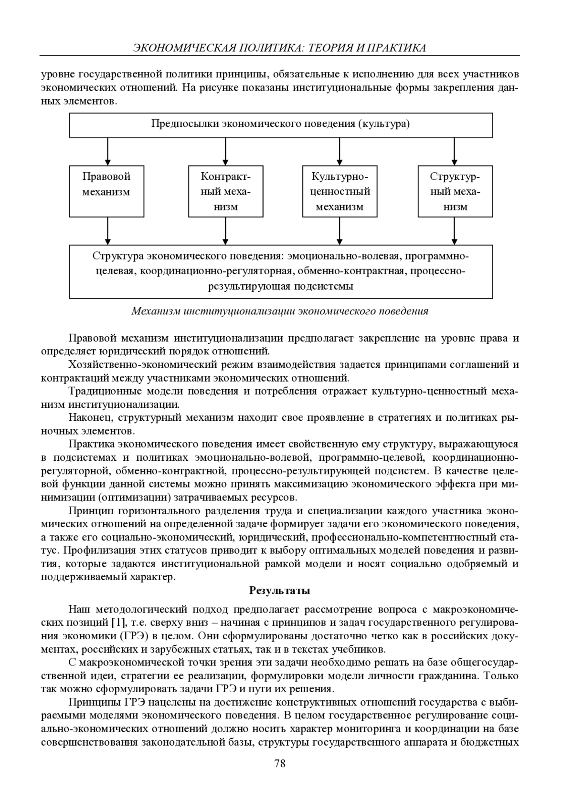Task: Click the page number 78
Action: pos(280,763)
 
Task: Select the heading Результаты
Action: pos(280,591)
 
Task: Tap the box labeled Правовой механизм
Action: pos(106,191)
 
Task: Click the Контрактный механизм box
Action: pos(225,191)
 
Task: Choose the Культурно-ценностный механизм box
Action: pos(340,191)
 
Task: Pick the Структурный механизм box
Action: pos(455,191)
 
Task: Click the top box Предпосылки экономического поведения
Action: pos(281,125)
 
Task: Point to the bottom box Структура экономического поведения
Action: pos(281,271)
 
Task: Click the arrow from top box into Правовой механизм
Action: pos(108,151)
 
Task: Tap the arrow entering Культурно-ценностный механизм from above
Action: pos(339,151)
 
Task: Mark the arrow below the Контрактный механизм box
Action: pos(225,231)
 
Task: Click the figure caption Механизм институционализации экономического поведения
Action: pos(280,312)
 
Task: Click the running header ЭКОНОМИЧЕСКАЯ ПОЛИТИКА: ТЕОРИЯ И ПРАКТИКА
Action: pos(280,47)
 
